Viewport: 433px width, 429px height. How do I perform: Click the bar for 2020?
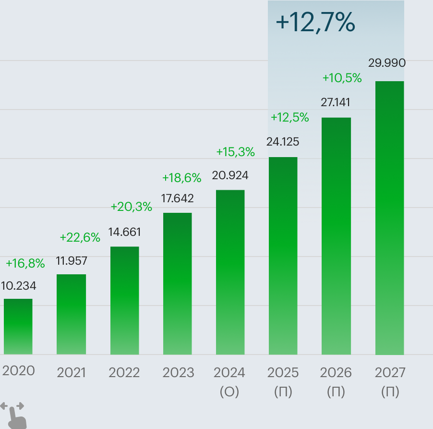tap(18, 327)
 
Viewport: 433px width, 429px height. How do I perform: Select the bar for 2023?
tap(177, 283)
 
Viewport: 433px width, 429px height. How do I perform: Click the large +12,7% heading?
tap(315, 23)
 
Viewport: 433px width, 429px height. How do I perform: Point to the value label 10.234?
tap(18, 286)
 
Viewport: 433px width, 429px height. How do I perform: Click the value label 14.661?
tap(124, 233)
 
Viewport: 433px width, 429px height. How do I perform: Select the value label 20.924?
tap(230, 176)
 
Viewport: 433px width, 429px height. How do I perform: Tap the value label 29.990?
tap(387, 63)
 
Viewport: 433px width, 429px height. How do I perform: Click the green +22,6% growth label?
tap(80, 237)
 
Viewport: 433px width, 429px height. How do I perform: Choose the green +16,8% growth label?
tap(25, 263)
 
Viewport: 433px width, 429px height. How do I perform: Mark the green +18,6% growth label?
tap(181, 178)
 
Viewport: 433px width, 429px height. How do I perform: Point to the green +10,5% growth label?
tap(342, 78)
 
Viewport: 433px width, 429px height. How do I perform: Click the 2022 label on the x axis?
tap(124, 373)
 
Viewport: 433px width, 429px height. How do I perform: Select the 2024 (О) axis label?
tap(229, 382)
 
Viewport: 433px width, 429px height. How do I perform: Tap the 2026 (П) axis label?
tap(336, 382)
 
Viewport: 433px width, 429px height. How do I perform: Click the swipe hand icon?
tap(14, 415)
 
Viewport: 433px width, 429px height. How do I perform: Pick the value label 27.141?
tap(336, 102)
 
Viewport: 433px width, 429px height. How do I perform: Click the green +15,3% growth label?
tap(235, 152)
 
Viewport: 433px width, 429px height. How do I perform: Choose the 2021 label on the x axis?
tap(71, 373)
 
